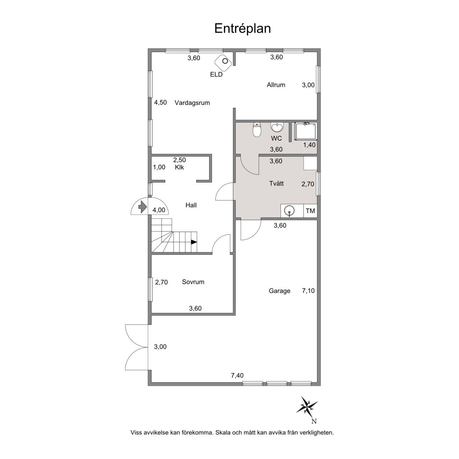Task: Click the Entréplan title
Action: pos(242,29)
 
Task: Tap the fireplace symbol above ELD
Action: pos(224,62)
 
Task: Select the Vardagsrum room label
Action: pos(192,103)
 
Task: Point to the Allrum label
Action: pos(276,85)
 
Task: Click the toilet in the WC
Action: pos(257,129)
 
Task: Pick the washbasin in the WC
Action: pos(277,127)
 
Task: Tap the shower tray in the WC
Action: pos(306,132)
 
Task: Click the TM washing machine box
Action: pos(310,211)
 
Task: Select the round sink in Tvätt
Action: pos(290,211)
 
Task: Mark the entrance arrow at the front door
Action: pos(142,207)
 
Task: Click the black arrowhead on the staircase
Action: pos(194,242)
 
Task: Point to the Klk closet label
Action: pos(179,167)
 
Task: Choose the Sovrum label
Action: pos(193,282)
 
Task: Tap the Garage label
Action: pos(280,291)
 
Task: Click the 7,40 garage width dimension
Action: pos(237,376)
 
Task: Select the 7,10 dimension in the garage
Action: pos(308,291)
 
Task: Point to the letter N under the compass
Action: pos(314,422)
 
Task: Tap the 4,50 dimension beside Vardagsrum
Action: pos(161,102)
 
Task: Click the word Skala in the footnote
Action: pos(223,432)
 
